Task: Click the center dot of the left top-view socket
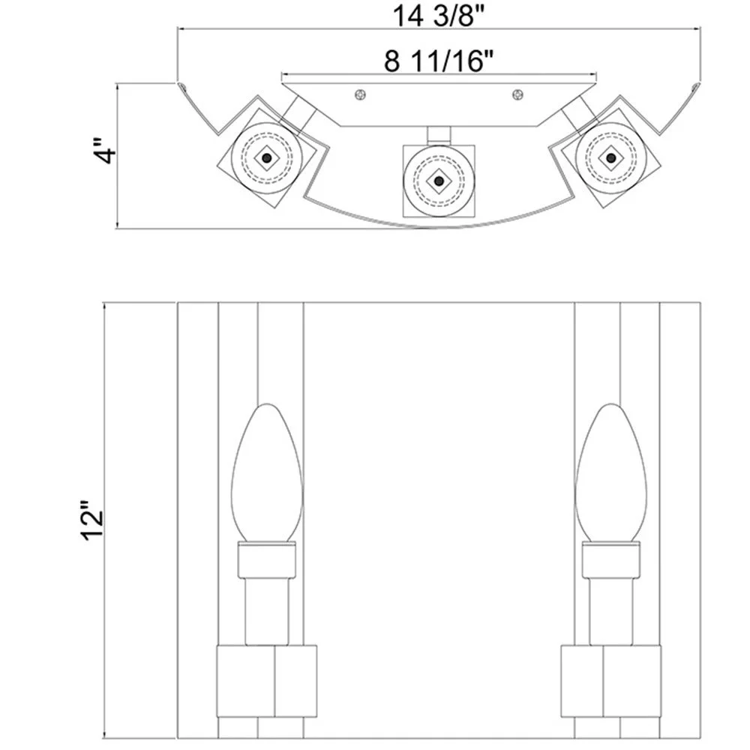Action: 265,158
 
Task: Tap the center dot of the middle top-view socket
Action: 438,180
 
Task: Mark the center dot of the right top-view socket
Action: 611,158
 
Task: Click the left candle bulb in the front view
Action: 266,472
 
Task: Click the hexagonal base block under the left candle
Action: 265,680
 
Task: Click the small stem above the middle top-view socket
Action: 439,134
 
